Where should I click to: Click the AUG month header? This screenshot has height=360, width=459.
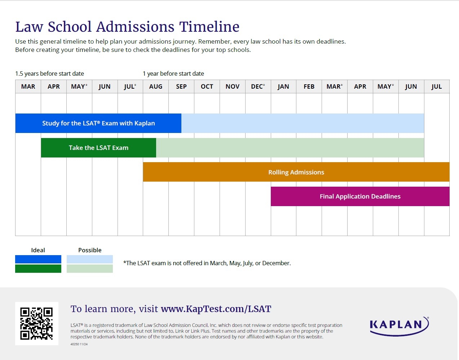click(x=156, y=86)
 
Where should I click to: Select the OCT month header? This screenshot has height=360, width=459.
click(x=207, y=86)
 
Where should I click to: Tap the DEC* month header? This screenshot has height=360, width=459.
click(x=258, y=86)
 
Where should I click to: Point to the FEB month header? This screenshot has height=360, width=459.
click(x=309, y=86)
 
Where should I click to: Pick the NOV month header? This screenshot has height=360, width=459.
click(x=233, y=86)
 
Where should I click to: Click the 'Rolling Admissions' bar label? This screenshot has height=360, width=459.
click(x=296, y=172)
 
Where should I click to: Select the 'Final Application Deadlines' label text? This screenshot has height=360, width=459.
click(x=360, y=196)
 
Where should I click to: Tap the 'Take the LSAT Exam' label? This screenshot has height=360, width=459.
click(x=98, y=148)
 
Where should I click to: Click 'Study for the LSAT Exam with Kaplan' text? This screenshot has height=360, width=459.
click(x=98, y=123)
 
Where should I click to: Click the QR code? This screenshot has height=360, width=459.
click(x=36, y=324)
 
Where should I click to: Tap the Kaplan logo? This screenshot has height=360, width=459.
click(x=399, y=326)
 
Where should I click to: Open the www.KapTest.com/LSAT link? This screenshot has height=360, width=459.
click(x=216, y=309)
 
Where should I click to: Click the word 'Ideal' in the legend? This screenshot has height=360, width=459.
click(x=38, y=250)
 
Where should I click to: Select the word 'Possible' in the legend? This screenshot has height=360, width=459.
click(x=90, y=250)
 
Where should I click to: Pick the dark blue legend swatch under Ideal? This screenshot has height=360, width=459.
click(x=38, y=259)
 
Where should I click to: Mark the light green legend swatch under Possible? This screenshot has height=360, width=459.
click(x=90, y=269)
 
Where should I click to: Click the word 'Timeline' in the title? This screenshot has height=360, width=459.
click(x=209, y=27)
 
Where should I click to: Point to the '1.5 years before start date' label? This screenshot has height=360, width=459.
click(x=49, y=74)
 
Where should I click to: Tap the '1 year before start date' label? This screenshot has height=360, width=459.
click(x=173, y=74)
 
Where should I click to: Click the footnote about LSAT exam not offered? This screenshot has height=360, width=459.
click(x=207, y=263)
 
